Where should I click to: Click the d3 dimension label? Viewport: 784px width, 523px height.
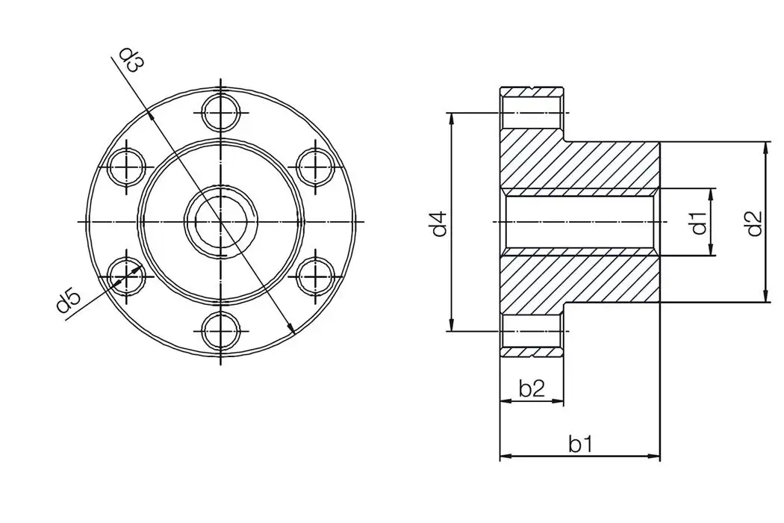(132, 61)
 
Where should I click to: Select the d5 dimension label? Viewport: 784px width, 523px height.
(68, 302)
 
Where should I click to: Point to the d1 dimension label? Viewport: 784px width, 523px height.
(698, 223)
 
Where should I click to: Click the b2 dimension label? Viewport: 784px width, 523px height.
(531, 388)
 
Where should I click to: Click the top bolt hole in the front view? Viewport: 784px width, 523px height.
(222, 114)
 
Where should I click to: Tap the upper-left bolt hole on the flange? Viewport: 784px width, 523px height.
(128, 167)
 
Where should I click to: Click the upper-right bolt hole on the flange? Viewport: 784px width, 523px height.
(316, 167)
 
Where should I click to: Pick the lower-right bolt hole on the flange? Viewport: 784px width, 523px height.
(316, 276)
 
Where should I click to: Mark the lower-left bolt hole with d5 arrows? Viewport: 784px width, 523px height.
(128, 276)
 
